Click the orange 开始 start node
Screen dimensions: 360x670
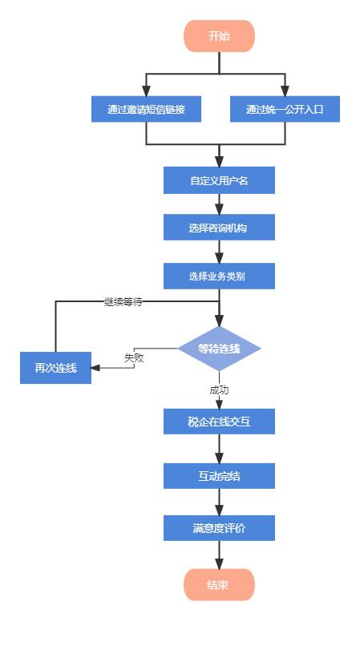tap(220, 36)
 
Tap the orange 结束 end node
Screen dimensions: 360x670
tap(220, 584)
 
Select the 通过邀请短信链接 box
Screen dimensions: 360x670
tap(146, 109)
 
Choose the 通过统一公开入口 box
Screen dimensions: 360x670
tap(285, 109)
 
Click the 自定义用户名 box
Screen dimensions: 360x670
tap(220, 180)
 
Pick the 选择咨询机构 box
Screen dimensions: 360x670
tap(220, 228)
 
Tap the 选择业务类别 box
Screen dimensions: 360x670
tap(220, 276)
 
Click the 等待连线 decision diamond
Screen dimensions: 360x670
tap(220, 349)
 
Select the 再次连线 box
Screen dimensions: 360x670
tap(55, 368)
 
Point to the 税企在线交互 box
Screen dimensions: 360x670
tap(220, 422)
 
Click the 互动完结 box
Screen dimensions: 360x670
tap(220, 476)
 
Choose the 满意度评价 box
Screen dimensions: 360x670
tap(220, 528)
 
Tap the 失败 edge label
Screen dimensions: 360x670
tap(134, 357)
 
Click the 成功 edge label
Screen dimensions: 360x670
tap(220, 389)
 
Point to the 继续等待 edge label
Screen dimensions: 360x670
tap(123, 301)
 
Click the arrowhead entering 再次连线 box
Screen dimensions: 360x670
tap(95, 368)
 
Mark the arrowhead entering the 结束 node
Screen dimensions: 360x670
tap(220, 563)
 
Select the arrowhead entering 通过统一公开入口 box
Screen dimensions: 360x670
tap(285, 91)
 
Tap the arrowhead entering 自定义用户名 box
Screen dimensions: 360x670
tap(220, 162)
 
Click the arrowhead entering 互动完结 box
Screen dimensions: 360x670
tap(220, 458)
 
